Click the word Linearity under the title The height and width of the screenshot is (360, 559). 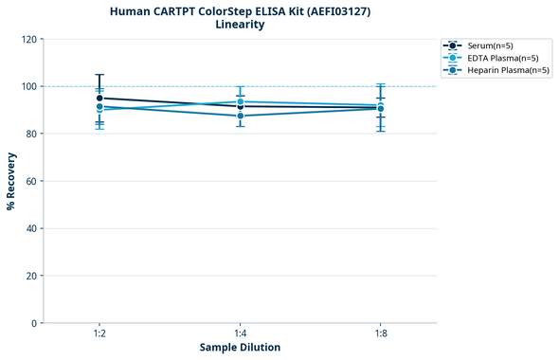[240, 25]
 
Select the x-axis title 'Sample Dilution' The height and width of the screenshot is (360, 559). [240, 348]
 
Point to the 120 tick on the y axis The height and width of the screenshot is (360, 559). [29, 39]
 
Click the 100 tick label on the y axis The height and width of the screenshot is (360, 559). [29, 86]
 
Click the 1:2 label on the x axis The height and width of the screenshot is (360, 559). [99, 333]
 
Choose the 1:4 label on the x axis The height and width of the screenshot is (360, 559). [240, 333]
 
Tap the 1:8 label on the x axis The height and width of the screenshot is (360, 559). [380, 333]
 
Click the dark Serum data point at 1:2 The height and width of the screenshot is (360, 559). [99, 98]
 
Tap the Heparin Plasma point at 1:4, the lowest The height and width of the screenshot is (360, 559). [240, 116]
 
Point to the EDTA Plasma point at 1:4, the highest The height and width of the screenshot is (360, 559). [240, 101]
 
